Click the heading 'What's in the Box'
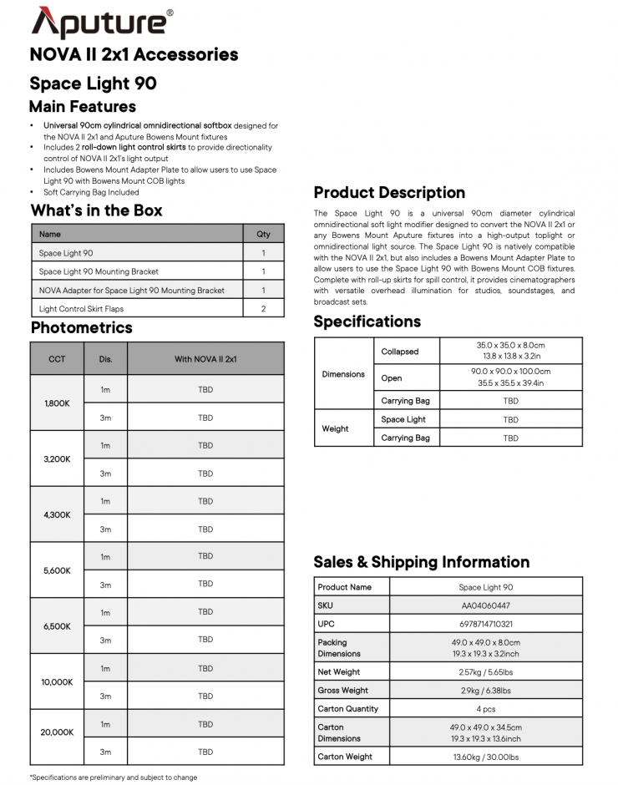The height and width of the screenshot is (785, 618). (x=96, y=210)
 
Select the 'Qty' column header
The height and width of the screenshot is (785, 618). (x=263, y=234)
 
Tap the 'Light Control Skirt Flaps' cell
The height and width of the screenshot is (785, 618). (x=81, y=309)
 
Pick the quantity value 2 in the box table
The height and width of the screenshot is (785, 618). (x=263, y=309)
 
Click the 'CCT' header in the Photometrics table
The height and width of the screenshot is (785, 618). (x=57, y=359)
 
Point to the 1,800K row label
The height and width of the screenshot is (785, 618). (x=57, y=403)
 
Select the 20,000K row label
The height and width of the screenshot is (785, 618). (x=57, y=732)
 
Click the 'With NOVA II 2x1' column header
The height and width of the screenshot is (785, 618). (x=205, y=359)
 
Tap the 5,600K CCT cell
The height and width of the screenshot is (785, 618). (x=57, y=570)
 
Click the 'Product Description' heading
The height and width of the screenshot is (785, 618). (x=389, y=193)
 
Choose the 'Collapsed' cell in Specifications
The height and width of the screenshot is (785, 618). (x=400, y=352)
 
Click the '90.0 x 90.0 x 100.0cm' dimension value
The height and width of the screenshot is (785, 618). (x=509, y=372)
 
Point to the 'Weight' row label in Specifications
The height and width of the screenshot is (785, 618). (x=335, y=428)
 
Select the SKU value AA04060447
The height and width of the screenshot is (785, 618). (x=485, y=605)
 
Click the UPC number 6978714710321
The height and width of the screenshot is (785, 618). (x=485, y=624)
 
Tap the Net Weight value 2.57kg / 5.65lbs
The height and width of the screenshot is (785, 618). (x=485, y=671)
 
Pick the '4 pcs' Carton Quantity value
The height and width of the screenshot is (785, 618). (x=485, y=708)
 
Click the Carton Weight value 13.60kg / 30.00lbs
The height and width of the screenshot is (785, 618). (x=485, y=757)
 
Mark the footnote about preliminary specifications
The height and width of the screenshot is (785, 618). (x=114, y=777)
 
